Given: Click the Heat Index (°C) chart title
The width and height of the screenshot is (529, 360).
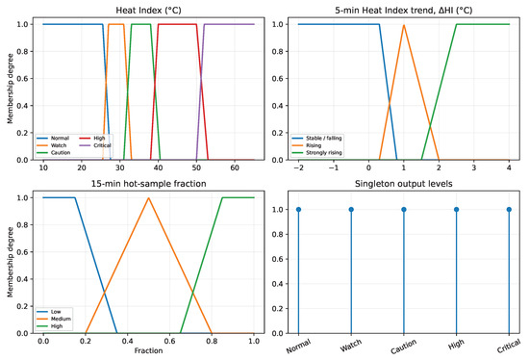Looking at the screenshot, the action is pos(148,11).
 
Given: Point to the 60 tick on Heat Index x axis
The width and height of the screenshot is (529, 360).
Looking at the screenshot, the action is pos(235,167).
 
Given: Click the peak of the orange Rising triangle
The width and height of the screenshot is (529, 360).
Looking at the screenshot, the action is pos(404,25).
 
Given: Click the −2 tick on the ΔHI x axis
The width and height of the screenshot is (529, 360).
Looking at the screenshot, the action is pos(298,167).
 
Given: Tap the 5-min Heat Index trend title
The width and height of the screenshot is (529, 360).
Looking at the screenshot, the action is pos(404,11).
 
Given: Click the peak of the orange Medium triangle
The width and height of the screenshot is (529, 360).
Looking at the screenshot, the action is pos(148,198).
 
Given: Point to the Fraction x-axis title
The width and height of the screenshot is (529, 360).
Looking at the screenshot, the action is pos(148,350).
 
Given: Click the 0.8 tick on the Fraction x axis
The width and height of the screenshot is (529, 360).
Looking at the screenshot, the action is pos(212,341).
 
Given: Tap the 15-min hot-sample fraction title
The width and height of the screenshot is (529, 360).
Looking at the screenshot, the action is pos(148,184).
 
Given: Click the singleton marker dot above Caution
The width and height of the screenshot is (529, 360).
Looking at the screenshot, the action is pos(404,210).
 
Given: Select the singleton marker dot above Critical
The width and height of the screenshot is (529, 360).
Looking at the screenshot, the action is pos(509,210).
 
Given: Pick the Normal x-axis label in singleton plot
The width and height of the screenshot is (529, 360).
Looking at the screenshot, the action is pos(298,347).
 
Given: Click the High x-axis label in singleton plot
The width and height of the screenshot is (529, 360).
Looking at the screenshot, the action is pos(456,345).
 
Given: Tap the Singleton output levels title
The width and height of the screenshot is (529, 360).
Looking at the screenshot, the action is pos(404,184).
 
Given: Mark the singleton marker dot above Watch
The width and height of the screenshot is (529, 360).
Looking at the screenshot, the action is pos(351,210).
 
